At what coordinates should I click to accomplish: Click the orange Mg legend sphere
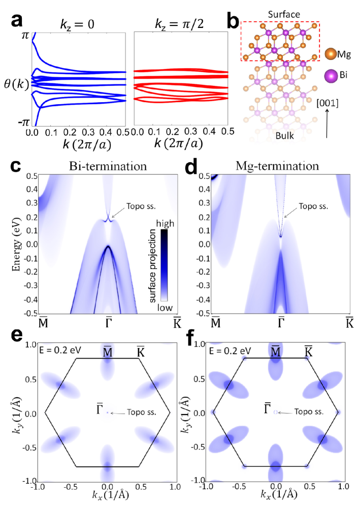[331, 53]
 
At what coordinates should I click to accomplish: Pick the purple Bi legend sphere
[331, 76]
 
